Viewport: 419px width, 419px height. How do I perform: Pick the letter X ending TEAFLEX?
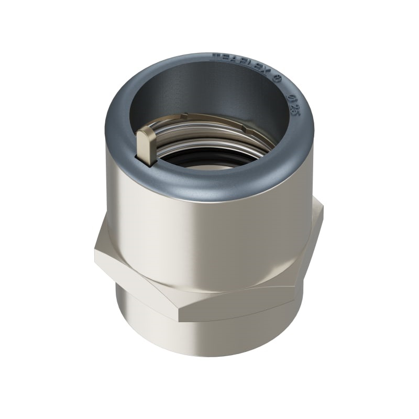pyautogui.click(x=267, y=72)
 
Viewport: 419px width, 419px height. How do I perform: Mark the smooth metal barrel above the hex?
pyautogui.click(x=210, y=236)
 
